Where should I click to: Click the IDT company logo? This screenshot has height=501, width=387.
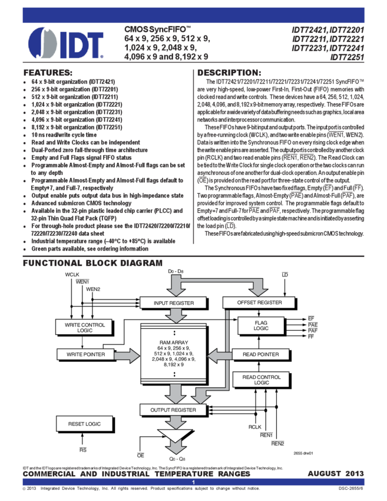click(65, 42)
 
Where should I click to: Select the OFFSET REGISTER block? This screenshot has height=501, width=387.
click(259, 302)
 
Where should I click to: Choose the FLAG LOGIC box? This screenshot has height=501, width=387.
click(261, 325)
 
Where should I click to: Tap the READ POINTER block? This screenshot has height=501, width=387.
click(260, 354)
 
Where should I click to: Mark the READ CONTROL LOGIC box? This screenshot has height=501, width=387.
click(262, 380)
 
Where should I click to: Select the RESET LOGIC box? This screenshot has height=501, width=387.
click(84, 424)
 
